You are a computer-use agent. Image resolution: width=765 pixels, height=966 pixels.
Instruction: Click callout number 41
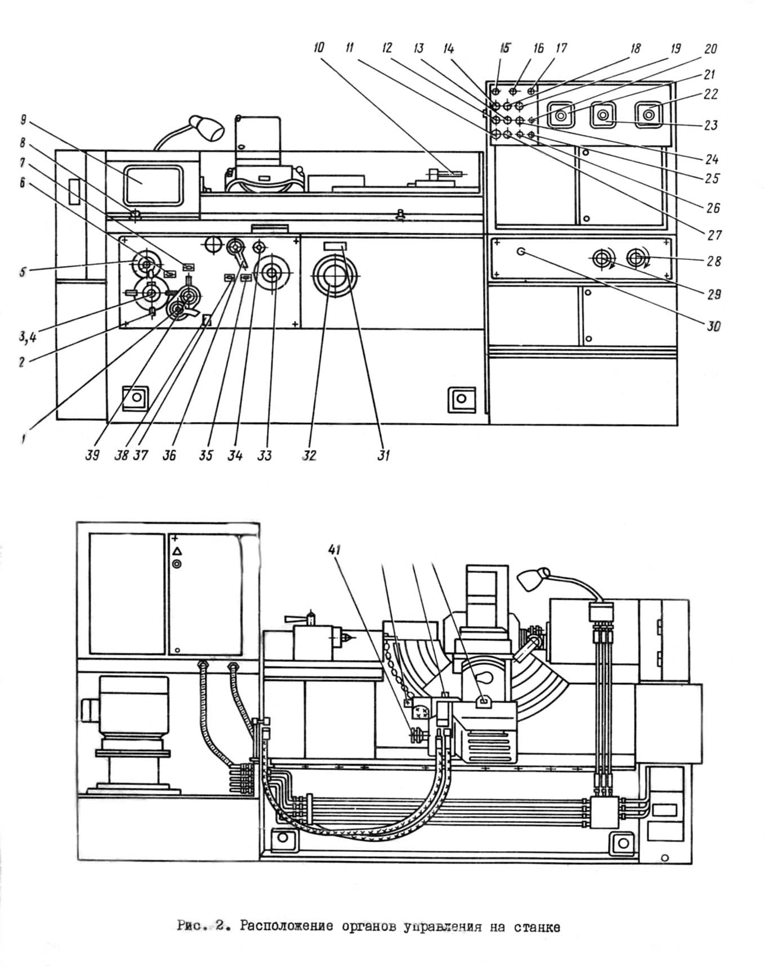(334, 550)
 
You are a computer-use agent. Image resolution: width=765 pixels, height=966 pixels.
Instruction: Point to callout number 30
(713, 326)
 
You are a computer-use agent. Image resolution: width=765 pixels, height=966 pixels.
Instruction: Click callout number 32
(309, 455)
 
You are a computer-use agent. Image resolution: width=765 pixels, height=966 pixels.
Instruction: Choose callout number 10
(319, 48)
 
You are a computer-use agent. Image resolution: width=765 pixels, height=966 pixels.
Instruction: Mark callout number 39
(92, 455)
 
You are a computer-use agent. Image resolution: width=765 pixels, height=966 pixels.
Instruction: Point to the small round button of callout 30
(521, 252)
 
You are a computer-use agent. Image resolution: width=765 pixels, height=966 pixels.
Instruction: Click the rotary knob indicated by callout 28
(637, 259)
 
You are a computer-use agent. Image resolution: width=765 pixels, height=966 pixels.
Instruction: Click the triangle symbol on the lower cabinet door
(177, 551)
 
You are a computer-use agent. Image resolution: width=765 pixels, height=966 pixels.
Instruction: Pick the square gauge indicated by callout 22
(649, 115)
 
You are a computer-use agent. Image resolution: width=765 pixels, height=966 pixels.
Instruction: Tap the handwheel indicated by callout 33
(272, 273)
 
